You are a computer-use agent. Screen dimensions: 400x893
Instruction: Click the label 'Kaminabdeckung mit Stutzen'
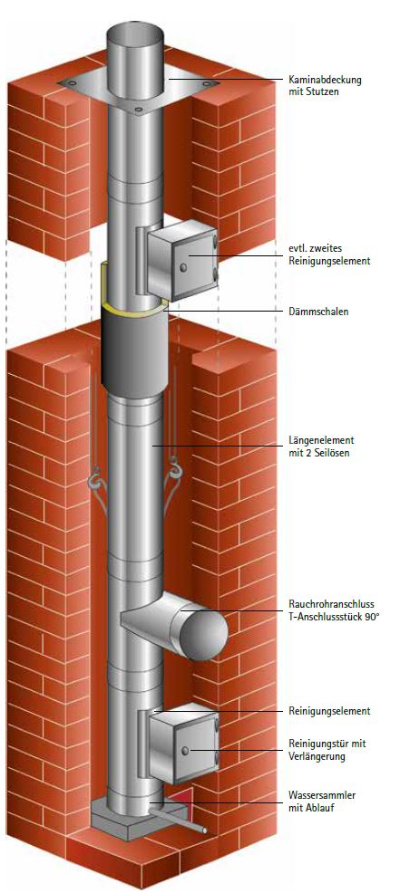click(x=326, y=85)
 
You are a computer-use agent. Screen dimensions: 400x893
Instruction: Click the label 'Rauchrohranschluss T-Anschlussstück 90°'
click(x=333, y=610)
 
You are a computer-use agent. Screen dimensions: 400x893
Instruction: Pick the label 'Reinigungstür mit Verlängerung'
click(x=327, y=750)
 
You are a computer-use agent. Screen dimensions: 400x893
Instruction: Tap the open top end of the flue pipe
click(x=135, y=32)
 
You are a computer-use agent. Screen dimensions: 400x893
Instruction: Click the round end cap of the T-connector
click(x=204, y=634)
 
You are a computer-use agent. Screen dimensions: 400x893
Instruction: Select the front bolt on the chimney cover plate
click(x=137, y=108)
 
